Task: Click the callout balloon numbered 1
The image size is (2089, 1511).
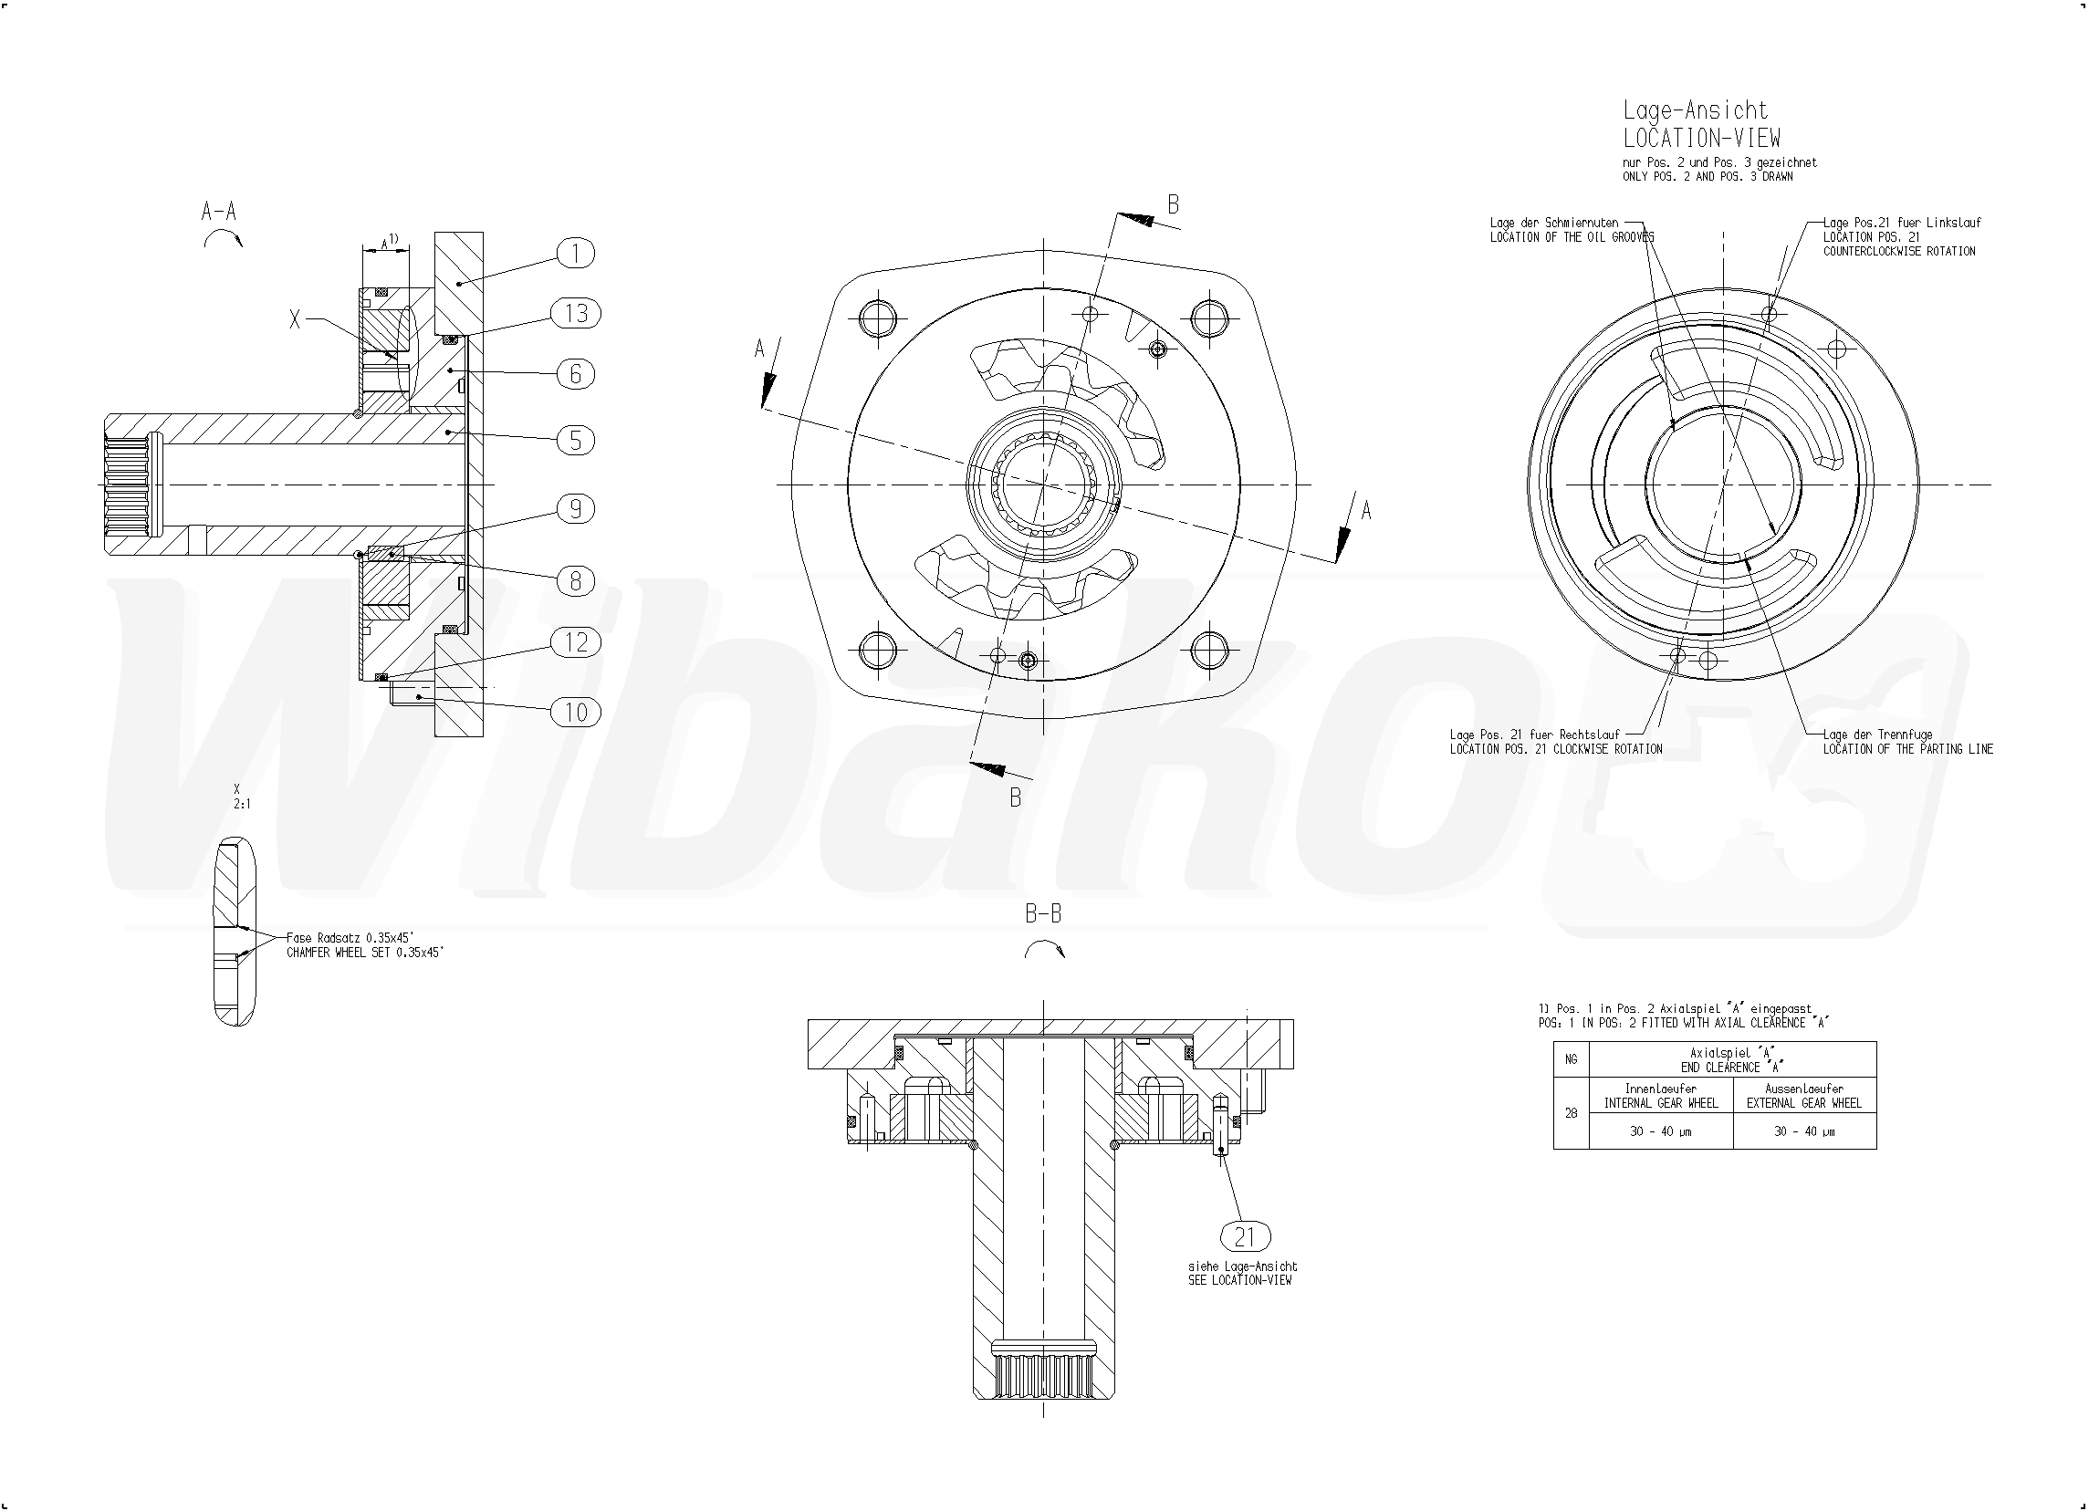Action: click(x=576, y=254)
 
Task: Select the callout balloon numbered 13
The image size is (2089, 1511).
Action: click(x=576, y=314)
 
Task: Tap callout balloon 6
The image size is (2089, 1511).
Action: click(x=576, y=374)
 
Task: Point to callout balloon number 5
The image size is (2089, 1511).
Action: click(x=576, y=440)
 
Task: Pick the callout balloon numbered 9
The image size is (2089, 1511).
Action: click(x=576, y=509)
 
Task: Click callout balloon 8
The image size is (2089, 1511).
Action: click(x=576, y=581)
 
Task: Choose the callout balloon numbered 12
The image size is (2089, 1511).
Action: click(x=576, y=642)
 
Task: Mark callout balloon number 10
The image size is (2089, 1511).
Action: click(x=576, y=712)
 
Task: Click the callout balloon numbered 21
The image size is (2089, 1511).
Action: click(x=1245, y=1237)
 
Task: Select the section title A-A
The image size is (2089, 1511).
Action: click(x=219, y=212)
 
